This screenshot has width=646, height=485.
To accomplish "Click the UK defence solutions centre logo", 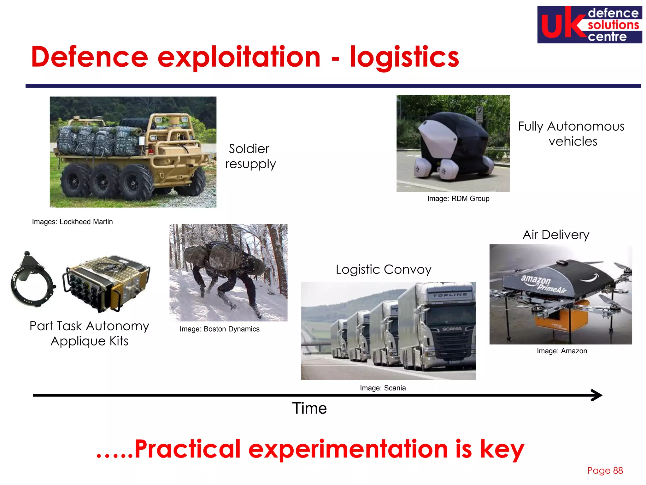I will [589, 25].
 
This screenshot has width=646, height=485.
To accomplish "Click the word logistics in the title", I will [404, 57].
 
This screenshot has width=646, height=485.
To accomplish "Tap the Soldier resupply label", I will [250, 156].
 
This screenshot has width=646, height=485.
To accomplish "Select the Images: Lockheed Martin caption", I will [72, 222].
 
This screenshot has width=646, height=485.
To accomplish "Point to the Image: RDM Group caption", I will [458, 199].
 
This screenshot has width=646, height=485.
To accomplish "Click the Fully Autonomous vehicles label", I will [571, 134].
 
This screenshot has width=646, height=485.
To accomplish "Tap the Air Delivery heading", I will [556, 235].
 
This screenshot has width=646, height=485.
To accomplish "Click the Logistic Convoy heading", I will [383, 270].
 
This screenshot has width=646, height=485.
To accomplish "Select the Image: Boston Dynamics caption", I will [220, 329].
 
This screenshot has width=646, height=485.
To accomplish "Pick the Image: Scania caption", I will [383, 388].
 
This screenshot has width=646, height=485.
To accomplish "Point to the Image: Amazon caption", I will [562, 351].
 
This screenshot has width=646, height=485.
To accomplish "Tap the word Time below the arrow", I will [309, 408].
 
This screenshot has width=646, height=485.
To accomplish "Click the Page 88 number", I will [605, 470].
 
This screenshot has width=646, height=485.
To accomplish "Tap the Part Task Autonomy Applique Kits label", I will [89, 333].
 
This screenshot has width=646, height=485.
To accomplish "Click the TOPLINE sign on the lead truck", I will [450, 295].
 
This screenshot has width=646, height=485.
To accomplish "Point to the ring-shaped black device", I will [32, 281].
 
